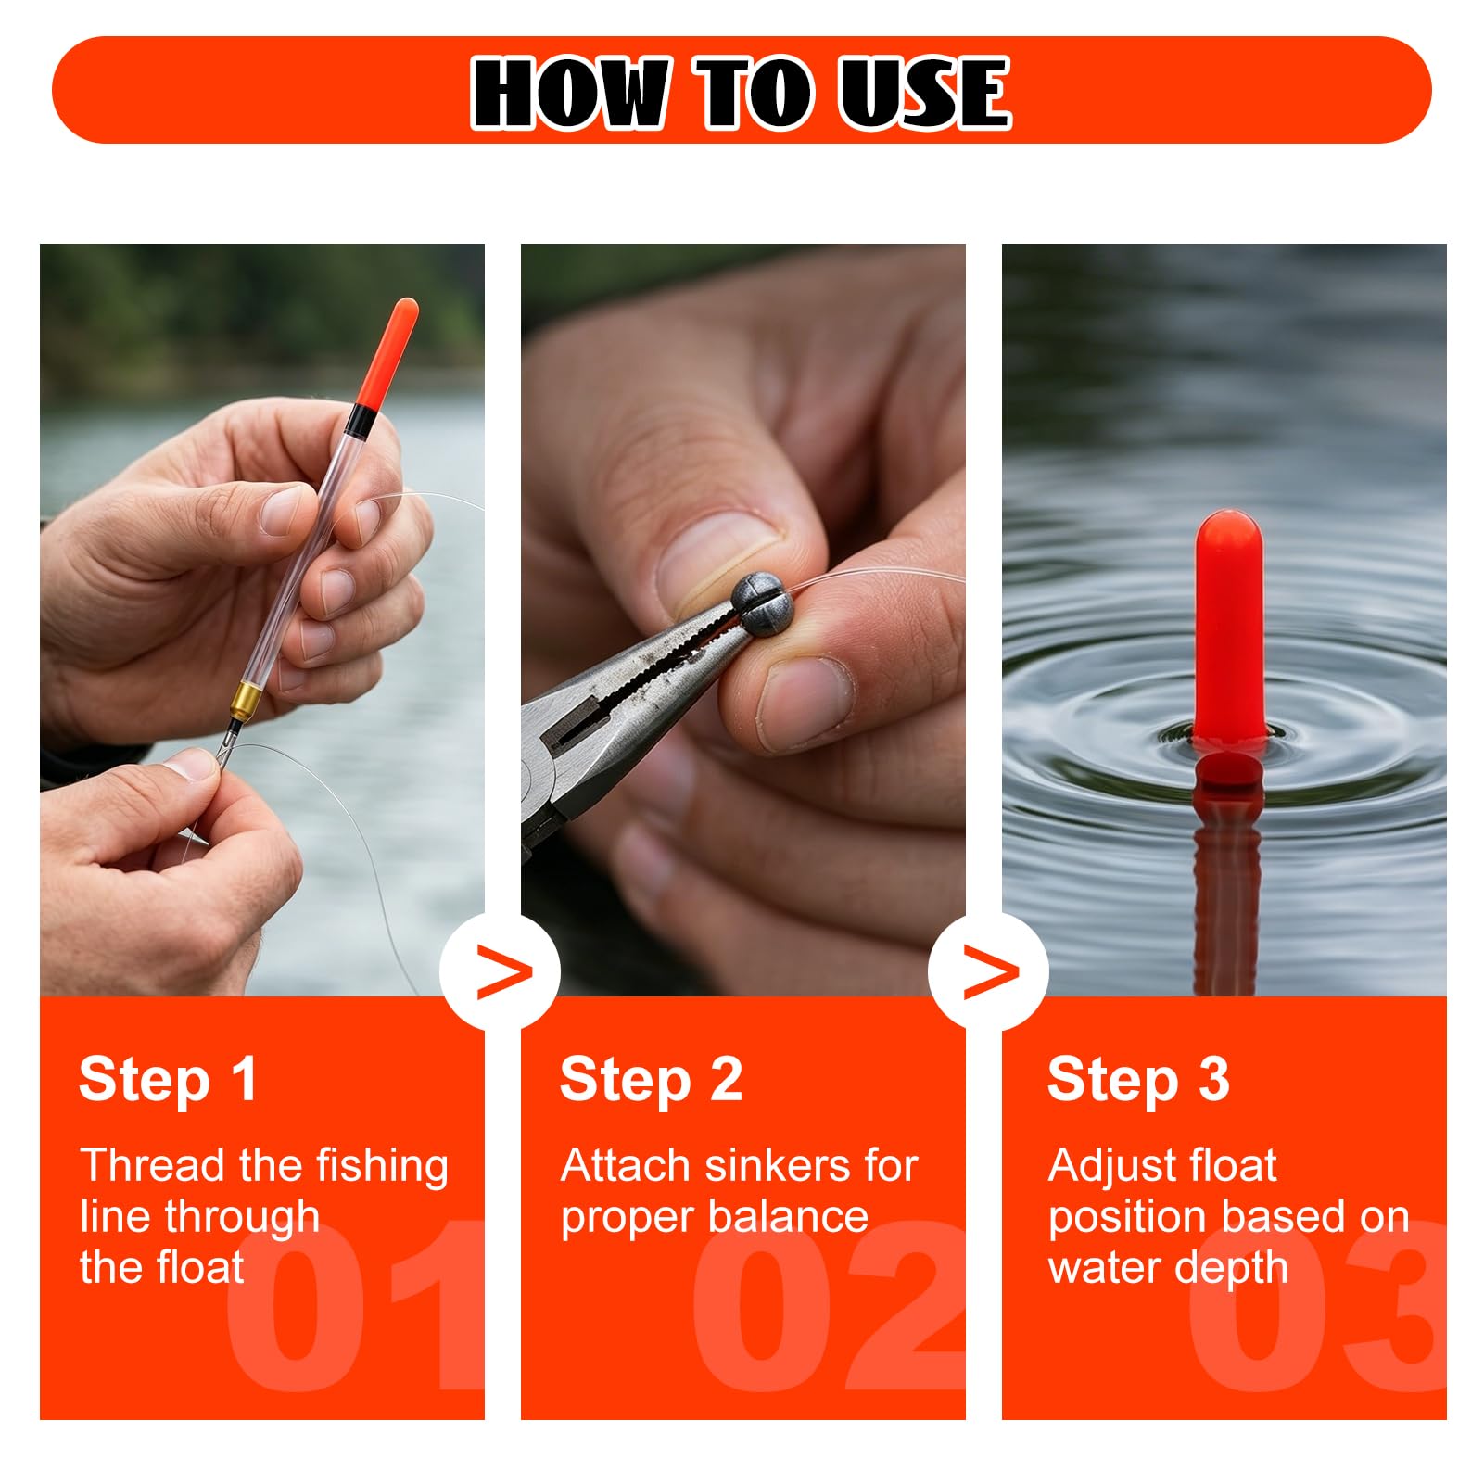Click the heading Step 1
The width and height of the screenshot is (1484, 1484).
point(168,1081)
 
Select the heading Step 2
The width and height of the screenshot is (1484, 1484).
point(651,1081)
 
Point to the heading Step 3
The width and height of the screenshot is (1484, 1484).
point(1138,1081)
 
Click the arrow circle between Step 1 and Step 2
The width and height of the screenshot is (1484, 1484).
point(501,971)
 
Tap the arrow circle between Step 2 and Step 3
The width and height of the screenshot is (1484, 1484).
point(989,971)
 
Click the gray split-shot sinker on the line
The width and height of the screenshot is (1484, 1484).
point(763,603)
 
